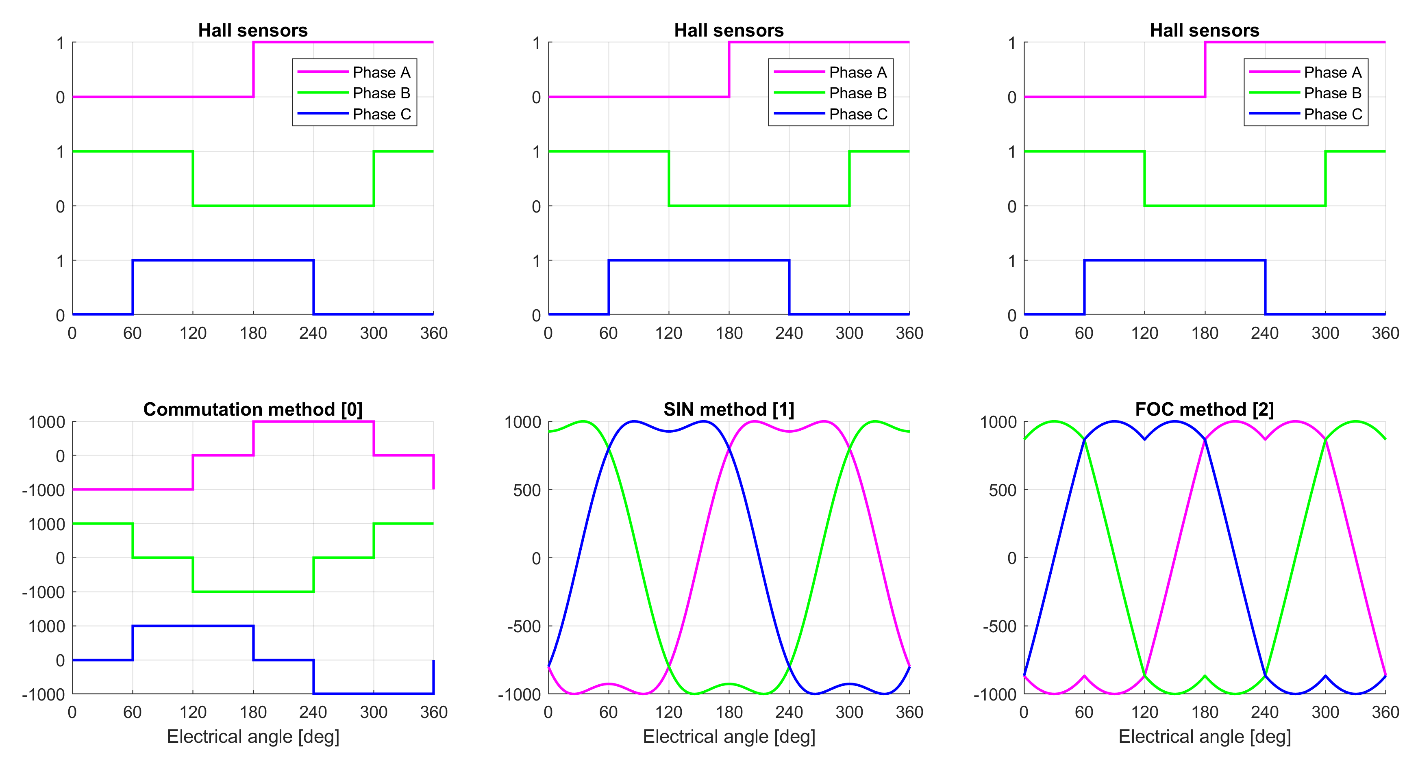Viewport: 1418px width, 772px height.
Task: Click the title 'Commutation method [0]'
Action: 253,410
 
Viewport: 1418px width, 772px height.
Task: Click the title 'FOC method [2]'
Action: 1205,410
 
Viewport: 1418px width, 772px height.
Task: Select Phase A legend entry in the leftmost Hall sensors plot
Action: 381,72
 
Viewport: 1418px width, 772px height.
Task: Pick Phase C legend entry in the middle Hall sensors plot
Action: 858,114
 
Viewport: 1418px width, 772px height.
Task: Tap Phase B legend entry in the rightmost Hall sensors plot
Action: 1332,93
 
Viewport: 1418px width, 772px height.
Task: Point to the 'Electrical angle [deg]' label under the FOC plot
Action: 1205,736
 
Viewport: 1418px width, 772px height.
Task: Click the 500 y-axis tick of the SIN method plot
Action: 527,490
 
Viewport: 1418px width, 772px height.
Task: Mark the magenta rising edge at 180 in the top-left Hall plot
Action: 253,69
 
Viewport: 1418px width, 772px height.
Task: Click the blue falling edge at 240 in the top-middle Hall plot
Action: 789,287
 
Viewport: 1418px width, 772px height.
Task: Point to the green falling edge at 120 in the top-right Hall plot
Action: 1144,179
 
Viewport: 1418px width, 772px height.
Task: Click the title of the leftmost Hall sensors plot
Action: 253,30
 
